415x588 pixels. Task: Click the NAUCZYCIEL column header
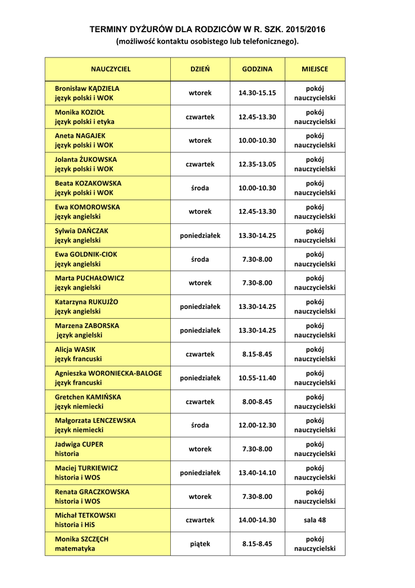coord(111,69)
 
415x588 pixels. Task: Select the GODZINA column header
coord(257,69)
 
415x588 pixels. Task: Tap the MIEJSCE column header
coord(315,69)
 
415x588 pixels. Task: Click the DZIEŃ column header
coord(199,69)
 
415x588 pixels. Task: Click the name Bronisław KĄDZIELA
coord(87,88)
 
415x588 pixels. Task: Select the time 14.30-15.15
coord(257,93)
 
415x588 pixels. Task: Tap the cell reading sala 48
coord(315,520)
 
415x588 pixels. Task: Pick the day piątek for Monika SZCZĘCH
coord(199,544)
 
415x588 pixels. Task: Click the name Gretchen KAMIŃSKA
coord(88,397)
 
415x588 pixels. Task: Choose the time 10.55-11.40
coord(257,378)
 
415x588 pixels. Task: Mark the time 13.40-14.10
coord(257,473)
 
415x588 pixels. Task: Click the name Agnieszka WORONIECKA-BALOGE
coord(108,373)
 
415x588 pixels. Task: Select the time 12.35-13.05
coord(257,164)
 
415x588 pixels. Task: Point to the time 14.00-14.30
coord(257,520)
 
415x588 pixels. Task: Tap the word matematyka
coord(75,548)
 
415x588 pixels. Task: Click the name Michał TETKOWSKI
coord(85,515)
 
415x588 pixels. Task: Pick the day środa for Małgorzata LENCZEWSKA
coord(199,425)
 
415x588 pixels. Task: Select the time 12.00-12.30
coord(257,425)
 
